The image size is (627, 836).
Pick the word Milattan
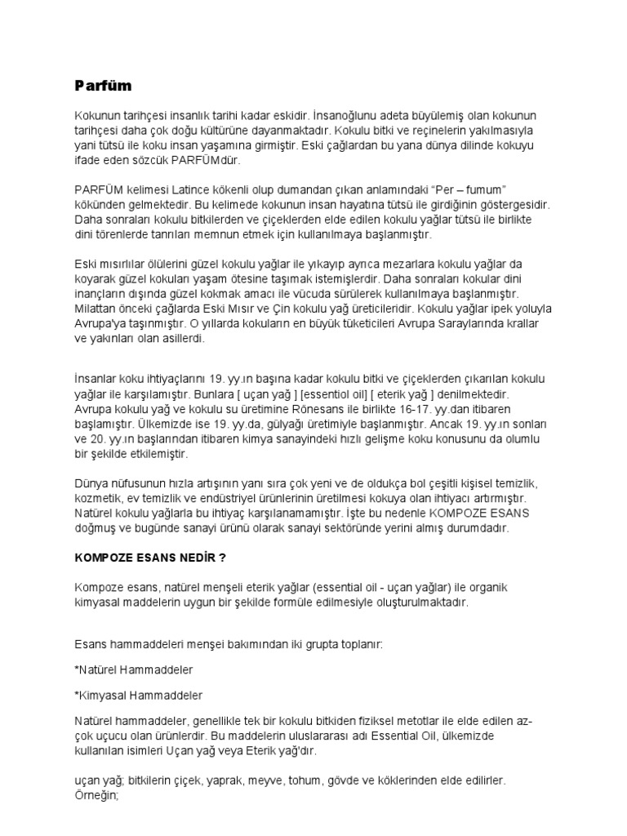pyautogui.click(x=95, y=310)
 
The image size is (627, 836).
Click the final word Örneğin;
pyautogui.click(x=97, y=795)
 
